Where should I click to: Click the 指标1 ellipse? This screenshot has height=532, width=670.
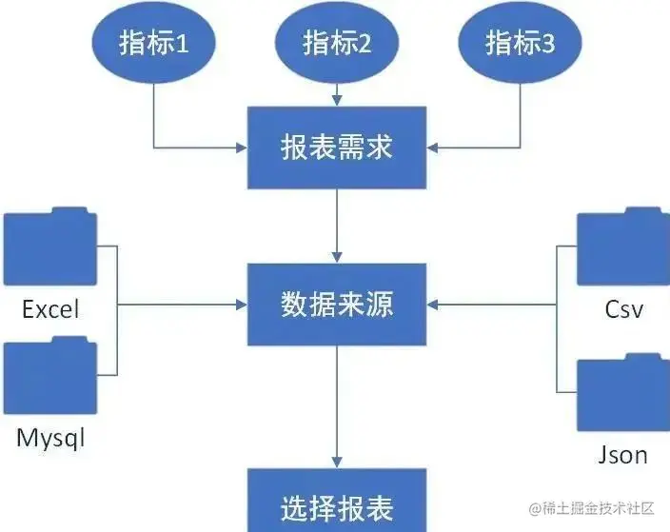(x=153, y=44)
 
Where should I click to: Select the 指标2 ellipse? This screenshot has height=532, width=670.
(x=337, y=44)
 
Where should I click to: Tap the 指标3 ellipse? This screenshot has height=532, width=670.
(x=520, y=44)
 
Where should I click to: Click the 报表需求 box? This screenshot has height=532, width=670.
(x=337, y=148)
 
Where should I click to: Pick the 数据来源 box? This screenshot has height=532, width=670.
(x=337, y=305)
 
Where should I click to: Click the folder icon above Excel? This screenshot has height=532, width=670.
(x=49, y=246)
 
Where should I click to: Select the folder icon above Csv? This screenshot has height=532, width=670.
(x=622, y=248)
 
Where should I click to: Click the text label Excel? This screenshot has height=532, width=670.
(x=50, y=309)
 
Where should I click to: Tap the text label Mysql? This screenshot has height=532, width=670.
(x=50, y=439)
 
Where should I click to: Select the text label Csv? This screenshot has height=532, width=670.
(x=623, y=310)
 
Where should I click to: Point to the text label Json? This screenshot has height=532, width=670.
(x=623, y=455)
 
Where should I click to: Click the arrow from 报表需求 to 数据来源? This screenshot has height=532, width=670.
(x=337, y=225)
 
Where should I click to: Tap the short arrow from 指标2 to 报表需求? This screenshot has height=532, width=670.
(x=337, y=95)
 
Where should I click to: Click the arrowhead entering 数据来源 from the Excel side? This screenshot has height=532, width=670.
(x=239, y=305)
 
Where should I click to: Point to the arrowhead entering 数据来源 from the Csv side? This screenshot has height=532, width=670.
(x=434, y=305)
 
